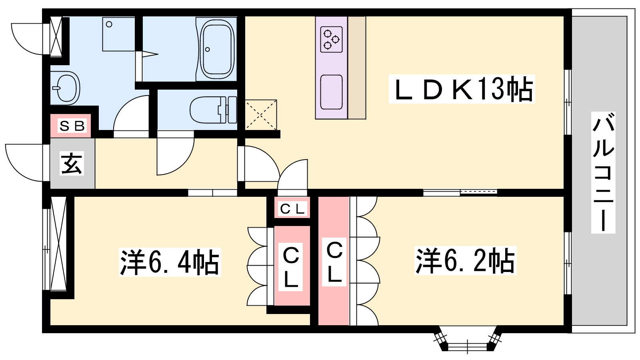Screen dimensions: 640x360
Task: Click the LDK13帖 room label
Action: click(x=462, y=89)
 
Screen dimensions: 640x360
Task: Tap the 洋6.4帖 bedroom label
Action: click(x=170, y=262)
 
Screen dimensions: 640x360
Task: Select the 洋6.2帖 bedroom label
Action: click(x=466, y=260)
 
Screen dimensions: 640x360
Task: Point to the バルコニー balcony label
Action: click(x=603, y=172)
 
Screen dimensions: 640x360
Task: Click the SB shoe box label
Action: click(x=72, y=126)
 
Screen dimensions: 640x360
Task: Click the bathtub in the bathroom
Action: click(x=217, y=49)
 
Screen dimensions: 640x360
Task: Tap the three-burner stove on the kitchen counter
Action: click(x=332, y=40)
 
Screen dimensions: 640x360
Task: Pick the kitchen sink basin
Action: click(x=332, y=92)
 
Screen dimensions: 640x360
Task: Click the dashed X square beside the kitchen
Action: click(x=261, y=115)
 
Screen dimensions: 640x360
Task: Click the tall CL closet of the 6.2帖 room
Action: click(x=334, y=260)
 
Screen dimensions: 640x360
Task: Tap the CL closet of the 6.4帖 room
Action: click(x=292, y=266)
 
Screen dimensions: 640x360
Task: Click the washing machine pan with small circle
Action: click(x=118, y=34)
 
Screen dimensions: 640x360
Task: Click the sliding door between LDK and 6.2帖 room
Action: click(x=460, y=192)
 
